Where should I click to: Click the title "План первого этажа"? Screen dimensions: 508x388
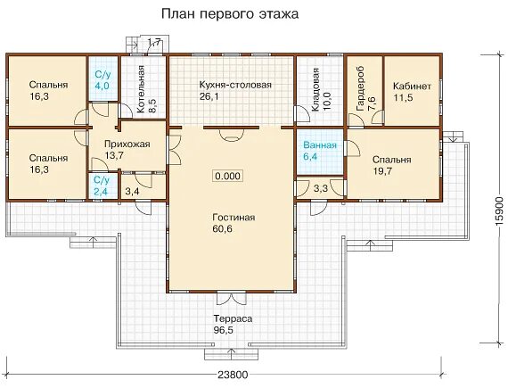(230, 14)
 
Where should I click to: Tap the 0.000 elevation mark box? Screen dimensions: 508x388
(228, 176)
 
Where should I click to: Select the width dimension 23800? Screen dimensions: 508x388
(233, 375)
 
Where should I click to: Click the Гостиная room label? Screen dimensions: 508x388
(234, 217)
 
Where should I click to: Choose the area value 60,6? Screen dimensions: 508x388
(223, 229)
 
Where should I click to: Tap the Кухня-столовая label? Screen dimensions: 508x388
(235, 85)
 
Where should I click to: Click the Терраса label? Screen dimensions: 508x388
(233, 318)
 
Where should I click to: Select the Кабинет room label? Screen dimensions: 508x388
(412, 87)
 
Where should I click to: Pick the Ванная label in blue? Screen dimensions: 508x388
(320, 145)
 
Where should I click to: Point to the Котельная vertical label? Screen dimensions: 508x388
(141, 89)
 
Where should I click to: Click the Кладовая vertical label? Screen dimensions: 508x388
(315, 90)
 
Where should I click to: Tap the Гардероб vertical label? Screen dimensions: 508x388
(360, 89)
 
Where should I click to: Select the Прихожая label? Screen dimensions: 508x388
(127, 144)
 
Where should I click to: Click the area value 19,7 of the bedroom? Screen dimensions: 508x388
(382, 171)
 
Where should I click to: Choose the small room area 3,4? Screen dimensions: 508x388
(132, 192)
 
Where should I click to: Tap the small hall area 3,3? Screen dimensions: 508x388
(321, 188)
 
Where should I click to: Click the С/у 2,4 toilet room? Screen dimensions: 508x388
(102, 186)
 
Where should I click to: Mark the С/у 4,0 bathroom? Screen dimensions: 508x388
(103, 78)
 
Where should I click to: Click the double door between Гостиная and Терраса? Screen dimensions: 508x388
(231, 298)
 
